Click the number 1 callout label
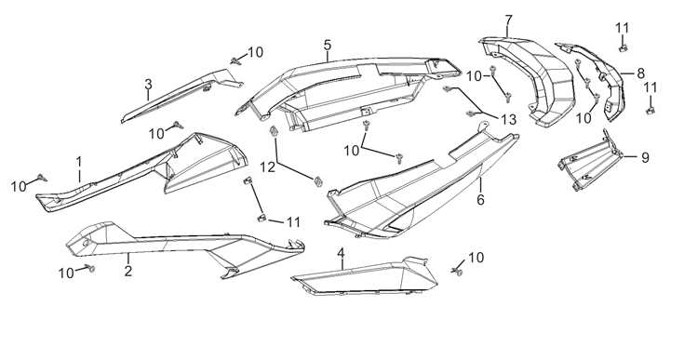coord(79,162)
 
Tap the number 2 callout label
coord(127,271)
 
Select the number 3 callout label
coord(148,84)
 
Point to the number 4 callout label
coord(342,252)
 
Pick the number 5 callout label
coord(328,45)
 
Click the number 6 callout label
coord(480,200)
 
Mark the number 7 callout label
coord(509,20)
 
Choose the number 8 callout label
coord(640,73)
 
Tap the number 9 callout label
coord(645,157)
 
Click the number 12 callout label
coord(268,167)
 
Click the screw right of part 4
coord(458,271)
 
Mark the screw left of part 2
coord(91,268)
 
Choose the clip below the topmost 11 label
coord(623,48)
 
